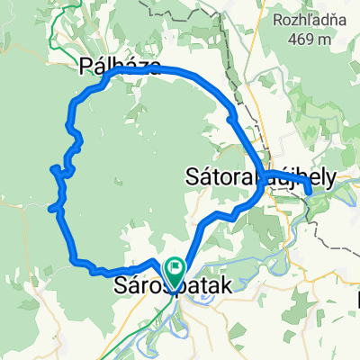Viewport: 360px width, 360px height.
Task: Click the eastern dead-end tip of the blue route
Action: point(310,190)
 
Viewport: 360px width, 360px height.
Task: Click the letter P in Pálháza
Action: point(85,67)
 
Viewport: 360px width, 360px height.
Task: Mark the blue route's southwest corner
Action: point(73,261)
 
